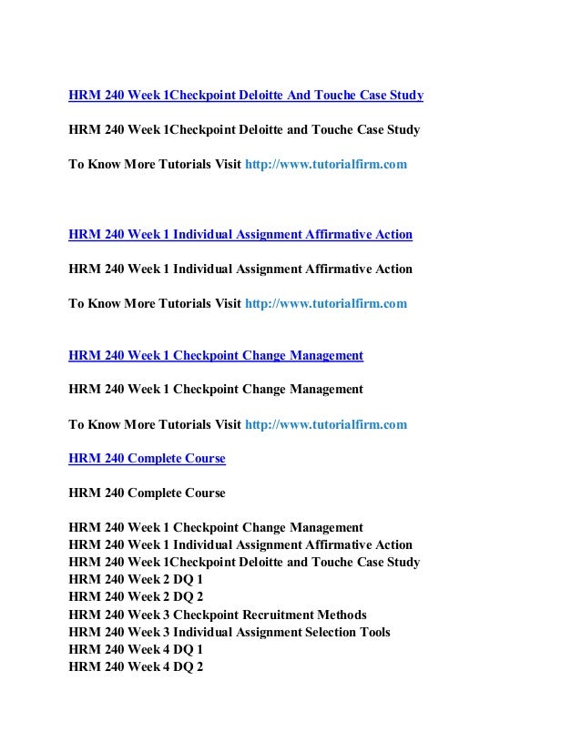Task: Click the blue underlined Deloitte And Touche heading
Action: pyautogui.click(x=246, y=95)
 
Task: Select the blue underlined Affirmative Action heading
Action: pyautogui.click(x=240, y=235)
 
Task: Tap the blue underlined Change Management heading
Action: pyautogui.click(x=216, y=355)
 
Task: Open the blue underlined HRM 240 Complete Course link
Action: pyautogui.click(x=147, y=459)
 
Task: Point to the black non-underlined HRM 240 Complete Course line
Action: pyautogui.click(x=147, y=493)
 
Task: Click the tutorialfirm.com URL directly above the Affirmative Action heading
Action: pyautogui.click(x=327, y=165)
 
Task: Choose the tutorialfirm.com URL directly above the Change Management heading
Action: pyautogui.click(x=327, y=303)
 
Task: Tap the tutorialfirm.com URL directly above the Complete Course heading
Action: pyautogui.click(x=327, y=424)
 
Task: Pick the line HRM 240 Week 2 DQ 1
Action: pyautogui.click(x=136, y=580)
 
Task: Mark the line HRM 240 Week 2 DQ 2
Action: pyautogui.click(x=136, y=597)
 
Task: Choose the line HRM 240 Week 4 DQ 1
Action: pyautogui.click(x=136, y=649)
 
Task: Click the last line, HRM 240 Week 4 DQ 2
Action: pyautogui.click(x=136, y=666)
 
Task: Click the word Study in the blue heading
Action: pyautogui.click(x=404, y=95)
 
